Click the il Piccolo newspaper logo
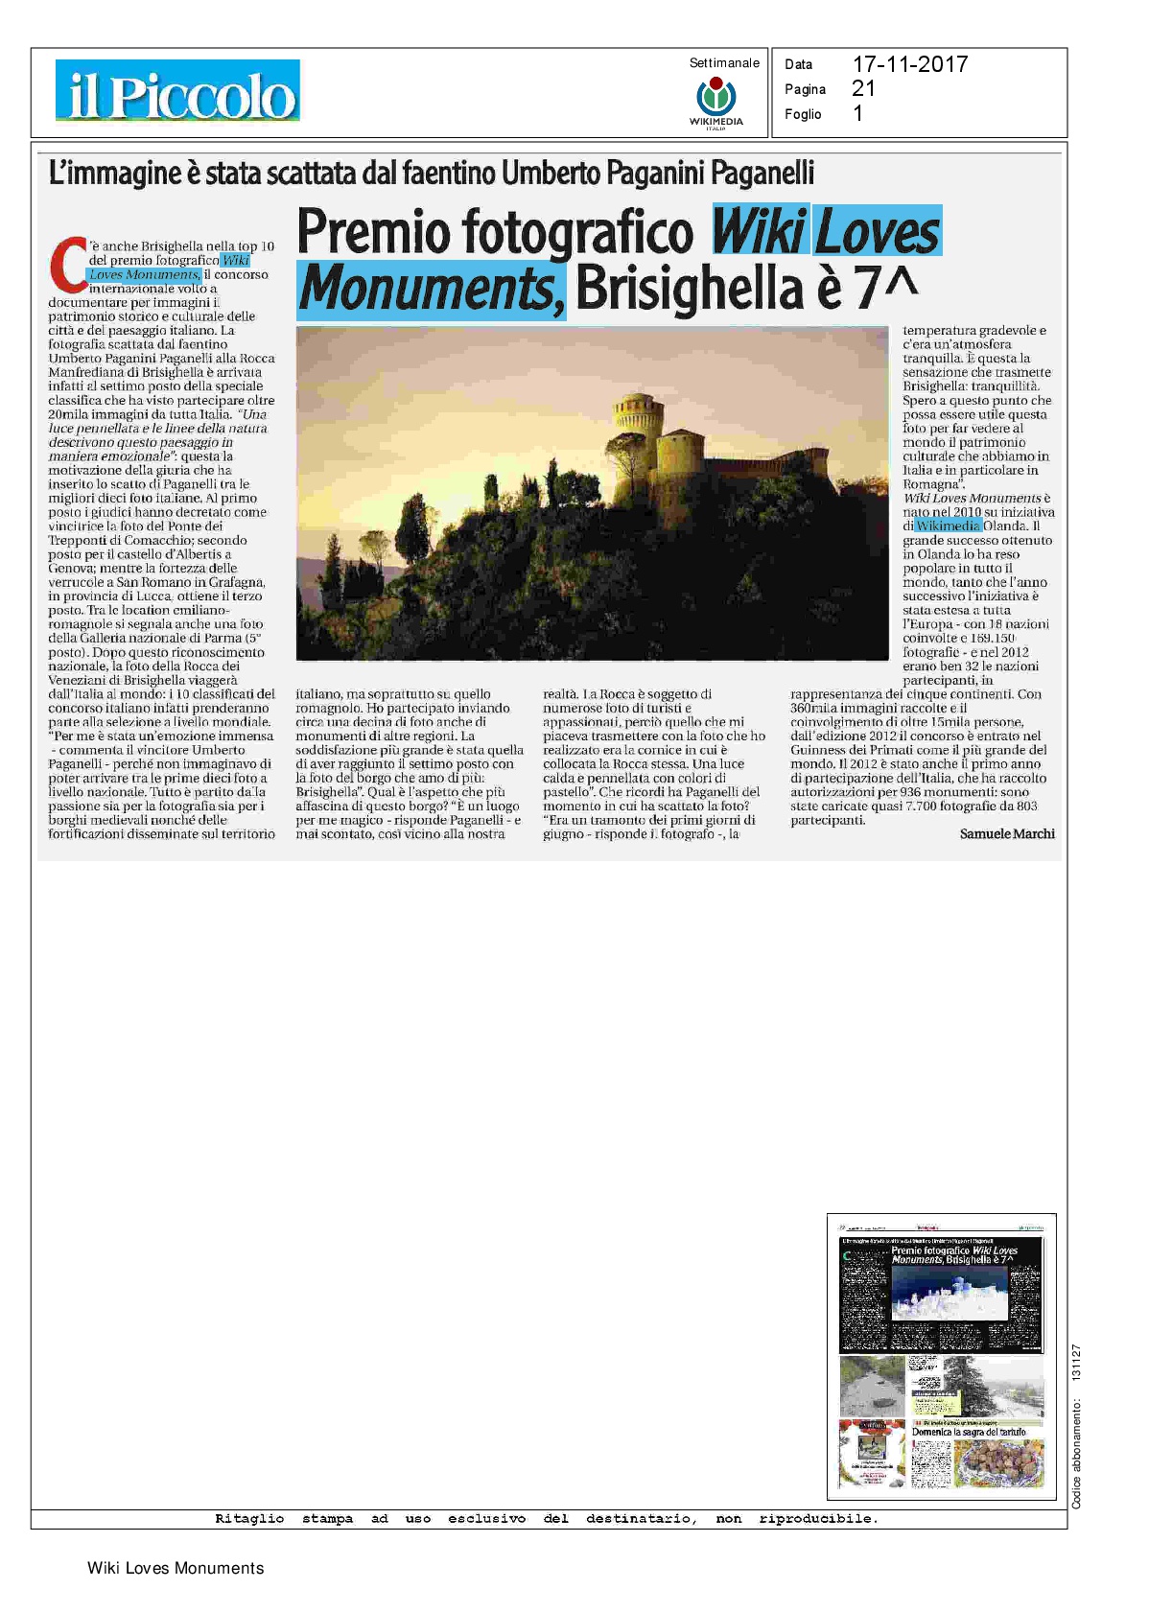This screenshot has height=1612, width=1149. click(177, 91)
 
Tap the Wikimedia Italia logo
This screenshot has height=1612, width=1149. click(715, 101)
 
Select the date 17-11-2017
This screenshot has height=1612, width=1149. click(909, 64)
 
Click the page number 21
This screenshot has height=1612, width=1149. click(863, 88)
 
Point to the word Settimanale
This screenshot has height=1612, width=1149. click(724, 63)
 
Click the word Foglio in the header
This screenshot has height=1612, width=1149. click(803, 114)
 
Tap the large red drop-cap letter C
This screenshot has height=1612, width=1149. click(68, 265)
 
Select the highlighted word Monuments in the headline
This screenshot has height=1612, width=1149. click(430, 287)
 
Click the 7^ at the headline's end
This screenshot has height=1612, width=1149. click(885, 287)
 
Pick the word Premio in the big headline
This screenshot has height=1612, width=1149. click(373, 232)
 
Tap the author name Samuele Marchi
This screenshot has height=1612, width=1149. click(1007, 834)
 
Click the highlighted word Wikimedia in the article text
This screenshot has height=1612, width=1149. click(948, 526)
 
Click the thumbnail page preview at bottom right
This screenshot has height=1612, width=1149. click(941, 1356)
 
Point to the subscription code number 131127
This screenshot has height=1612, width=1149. click(1076, 1362)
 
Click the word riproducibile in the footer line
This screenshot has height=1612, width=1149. click(817, 1519)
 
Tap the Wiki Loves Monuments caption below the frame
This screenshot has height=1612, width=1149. click(176, 1569)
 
